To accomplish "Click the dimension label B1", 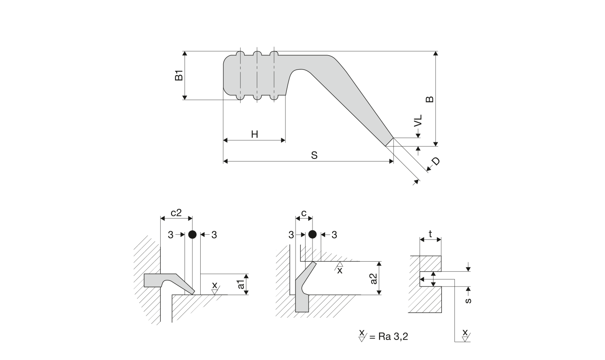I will pos(178,76).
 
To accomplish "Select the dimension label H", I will pos(255,135).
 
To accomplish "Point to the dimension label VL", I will pos(418,121).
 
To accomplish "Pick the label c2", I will pos(175,213).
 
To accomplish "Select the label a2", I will pos(373,279).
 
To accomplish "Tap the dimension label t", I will pos(430,234).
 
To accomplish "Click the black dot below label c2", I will pos(192,235).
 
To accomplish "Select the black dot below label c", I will pos(312,235).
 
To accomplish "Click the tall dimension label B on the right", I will pos(430,99).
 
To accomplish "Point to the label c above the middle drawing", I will pos(304,213).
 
